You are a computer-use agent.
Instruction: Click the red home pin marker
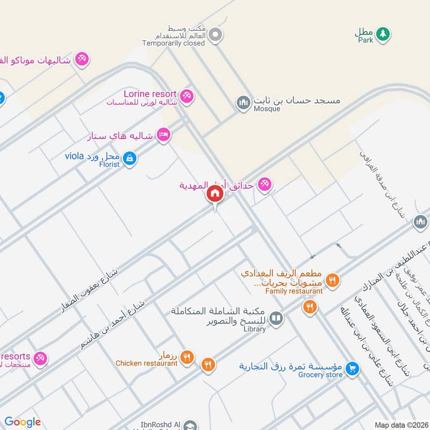click(214, 194)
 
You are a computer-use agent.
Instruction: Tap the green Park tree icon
click(382, 33)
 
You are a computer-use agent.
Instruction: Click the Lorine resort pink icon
click(187, 96)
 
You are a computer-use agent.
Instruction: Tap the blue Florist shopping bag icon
click(129, 159)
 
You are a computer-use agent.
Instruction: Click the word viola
click(75, 156)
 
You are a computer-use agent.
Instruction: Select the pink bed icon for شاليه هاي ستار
click(164, 134)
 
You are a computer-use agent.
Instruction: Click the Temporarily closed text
click(174, 43)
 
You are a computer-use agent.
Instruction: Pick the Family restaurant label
click(294, 291)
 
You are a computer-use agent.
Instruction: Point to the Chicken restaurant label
click(146, 363)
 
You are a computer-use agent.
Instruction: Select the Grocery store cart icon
click(352, 368)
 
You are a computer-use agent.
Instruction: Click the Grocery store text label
click(320, 375)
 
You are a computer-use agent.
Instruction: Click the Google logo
click(23, 422)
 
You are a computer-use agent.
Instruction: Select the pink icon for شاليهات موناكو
click(82, 58)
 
